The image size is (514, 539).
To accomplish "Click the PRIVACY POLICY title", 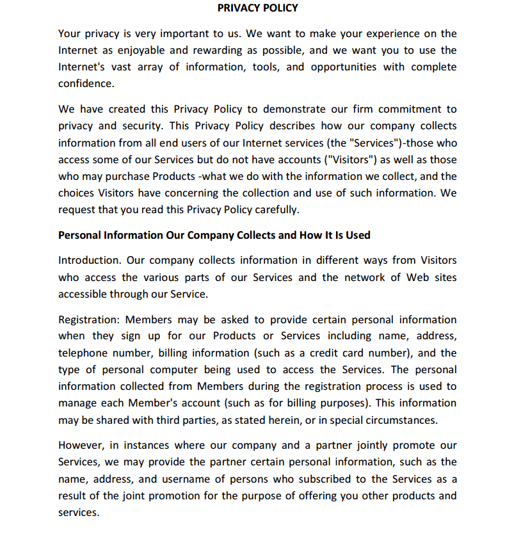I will [x=257, y=8].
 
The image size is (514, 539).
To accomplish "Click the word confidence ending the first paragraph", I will [x=86, y=83].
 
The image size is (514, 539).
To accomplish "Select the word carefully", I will [x=277, y=209].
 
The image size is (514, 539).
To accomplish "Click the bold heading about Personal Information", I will [x=214, y=235].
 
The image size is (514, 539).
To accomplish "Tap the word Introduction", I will [x=90, y=260].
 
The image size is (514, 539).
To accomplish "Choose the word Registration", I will [x=90, y=319].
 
